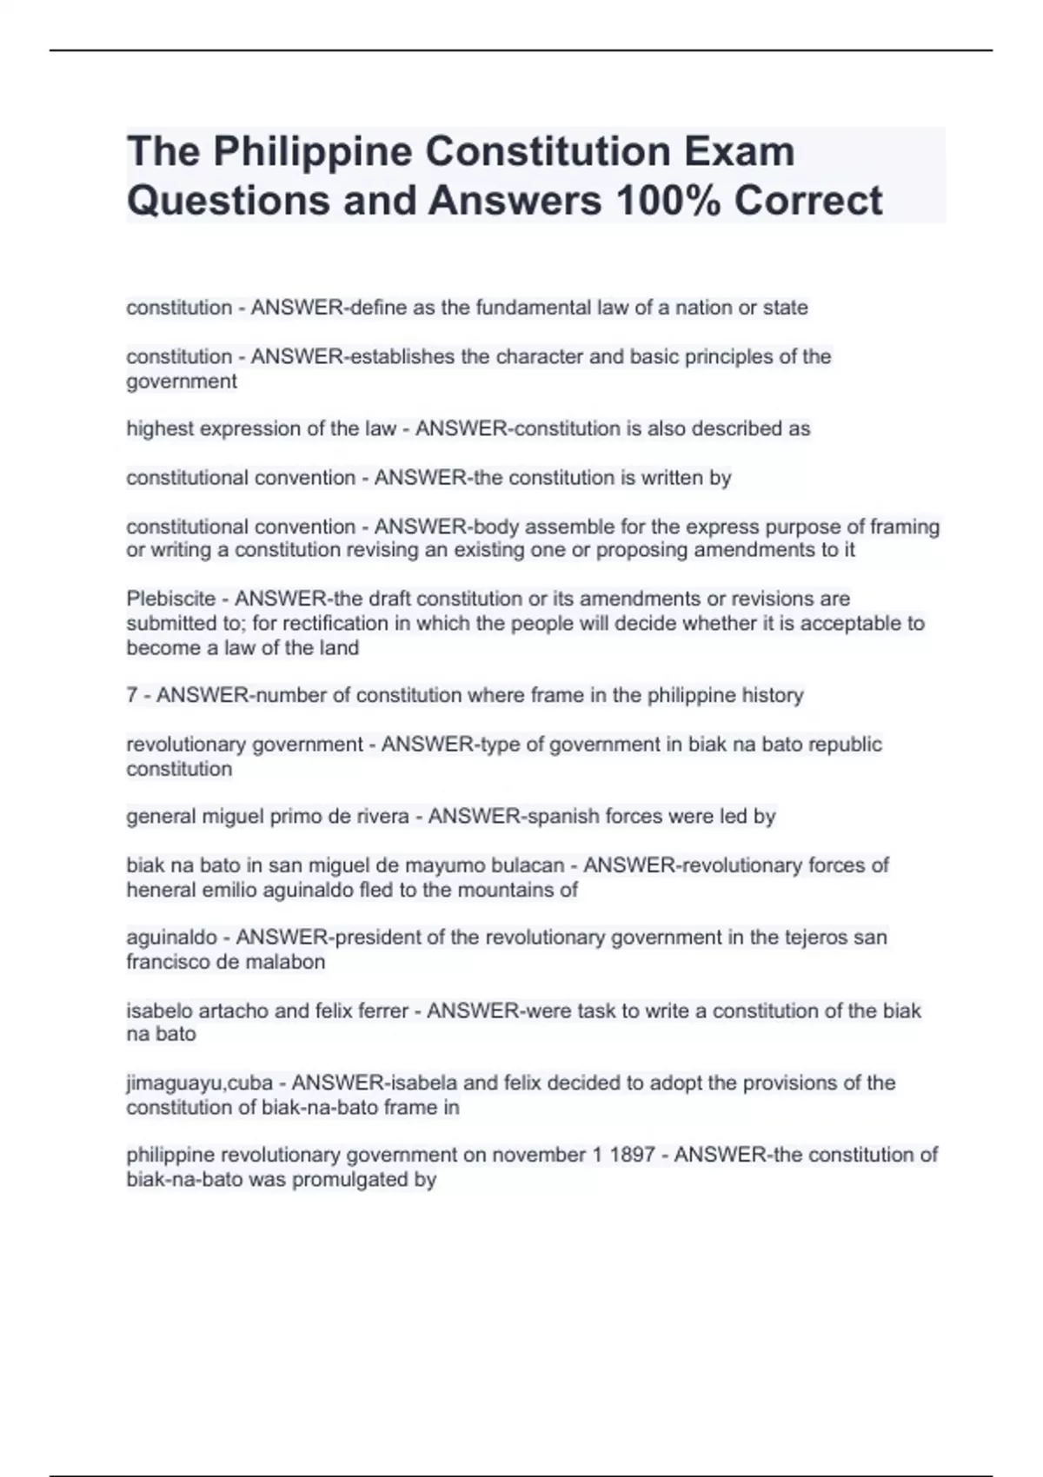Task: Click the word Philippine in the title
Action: (313, 152)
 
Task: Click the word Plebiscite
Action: (170, 599)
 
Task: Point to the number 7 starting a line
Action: (132, 695)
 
